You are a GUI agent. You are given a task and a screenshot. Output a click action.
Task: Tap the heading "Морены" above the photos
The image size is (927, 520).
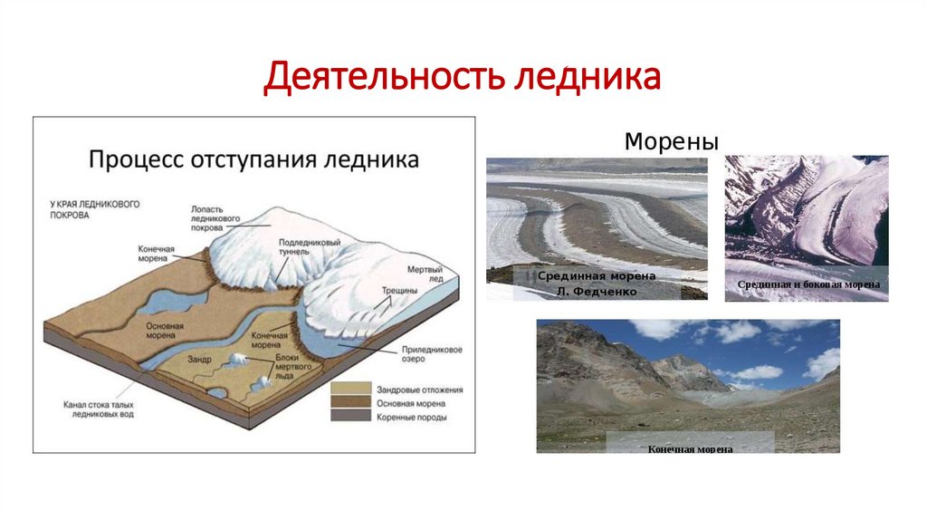coord(671,142)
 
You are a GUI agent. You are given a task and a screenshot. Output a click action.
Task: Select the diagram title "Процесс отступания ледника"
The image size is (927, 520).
coord(253,159)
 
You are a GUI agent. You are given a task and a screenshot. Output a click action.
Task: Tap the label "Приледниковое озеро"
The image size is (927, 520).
coord(417,353)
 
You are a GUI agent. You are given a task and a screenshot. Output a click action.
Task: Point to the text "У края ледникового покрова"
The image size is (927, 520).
coord(95,209)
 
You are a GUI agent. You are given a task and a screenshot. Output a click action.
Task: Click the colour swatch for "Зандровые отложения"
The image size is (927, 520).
coord(349,390)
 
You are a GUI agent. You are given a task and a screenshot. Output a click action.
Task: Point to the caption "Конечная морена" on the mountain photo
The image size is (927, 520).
coord(690,448)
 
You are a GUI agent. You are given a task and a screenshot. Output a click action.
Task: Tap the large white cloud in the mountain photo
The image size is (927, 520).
coord(737,331)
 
